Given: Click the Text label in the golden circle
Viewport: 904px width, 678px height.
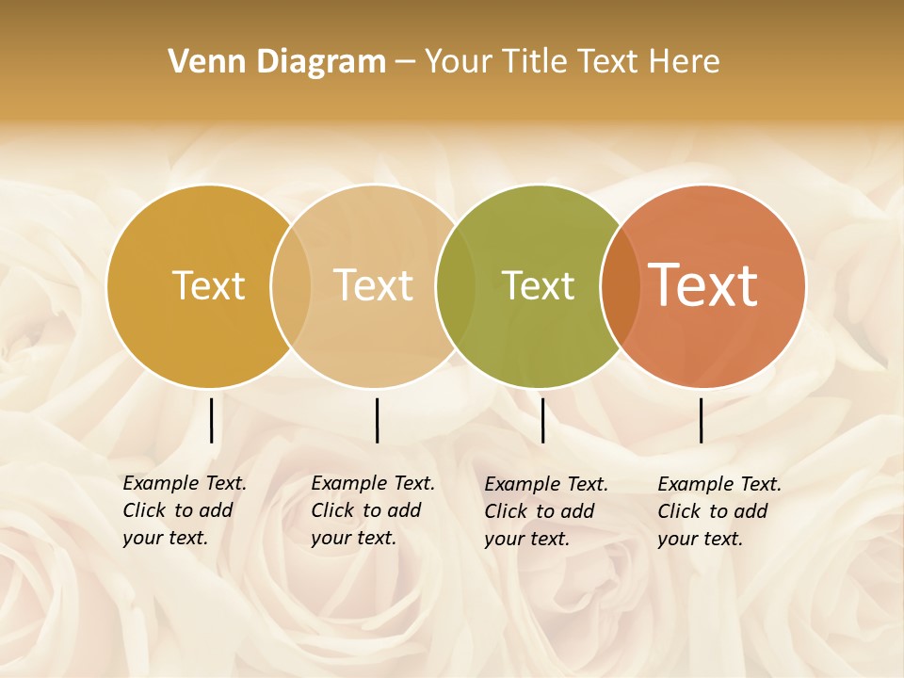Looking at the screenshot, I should (208, 285).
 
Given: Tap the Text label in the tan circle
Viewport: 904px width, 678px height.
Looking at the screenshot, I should (373, 285).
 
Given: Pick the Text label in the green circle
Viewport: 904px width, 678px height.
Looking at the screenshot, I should (538, 285).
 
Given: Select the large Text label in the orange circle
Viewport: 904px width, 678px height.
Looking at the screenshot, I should (702, 285).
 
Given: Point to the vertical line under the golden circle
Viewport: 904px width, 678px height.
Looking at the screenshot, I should (211, 420).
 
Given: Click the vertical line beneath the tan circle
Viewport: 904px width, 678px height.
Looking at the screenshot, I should (377, 420).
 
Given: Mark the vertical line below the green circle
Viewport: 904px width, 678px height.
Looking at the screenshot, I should (542, 420).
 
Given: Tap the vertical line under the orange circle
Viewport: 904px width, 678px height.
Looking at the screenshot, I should (701, 420).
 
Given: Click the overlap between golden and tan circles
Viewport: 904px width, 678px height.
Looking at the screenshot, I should (291, 285).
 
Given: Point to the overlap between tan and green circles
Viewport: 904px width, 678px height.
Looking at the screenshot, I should (456, 285).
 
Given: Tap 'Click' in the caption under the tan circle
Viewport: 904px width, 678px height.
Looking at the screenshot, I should (332, 510).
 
